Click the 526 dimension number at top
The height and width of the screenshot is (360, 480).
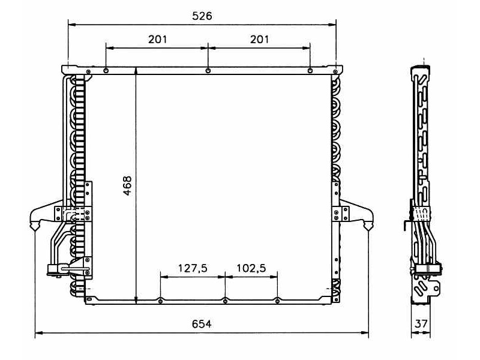(x=202, y=16)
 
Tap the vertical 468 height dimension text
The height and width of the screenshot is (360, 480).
(x=127, y=186)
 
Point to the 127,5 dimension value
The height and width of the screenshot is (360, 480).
(x=193, y=268)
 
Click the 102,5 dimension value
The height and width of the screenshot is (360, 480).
(x=251, y=268)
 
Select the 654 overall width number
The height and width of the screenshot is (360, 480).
(x=202, y=324)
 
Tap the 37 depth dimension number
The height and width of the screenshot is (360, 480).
(x=422, y=324)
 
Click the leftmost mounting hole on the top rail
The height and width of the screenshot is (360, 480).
(x=106, y=71)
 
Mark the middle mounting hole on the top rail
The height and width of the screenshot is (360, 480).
(x=208, y=71)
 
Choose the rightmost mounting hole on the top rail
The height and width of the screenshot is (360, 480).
(x=310, y=71)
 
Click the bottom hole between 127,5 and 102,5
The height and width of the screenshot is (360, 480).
(x=225, y=301)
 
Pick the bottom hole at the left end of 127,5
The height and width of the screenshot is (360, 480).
(x=161, y=301)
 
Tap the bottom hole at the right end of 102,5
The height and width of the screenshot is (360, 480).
(x=277, y=301)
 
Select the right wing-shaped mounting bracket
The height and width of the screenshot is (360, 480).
(x=357, y=215)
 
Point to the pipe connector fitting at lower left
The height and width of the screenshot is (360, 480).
(x=56, y=269)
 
